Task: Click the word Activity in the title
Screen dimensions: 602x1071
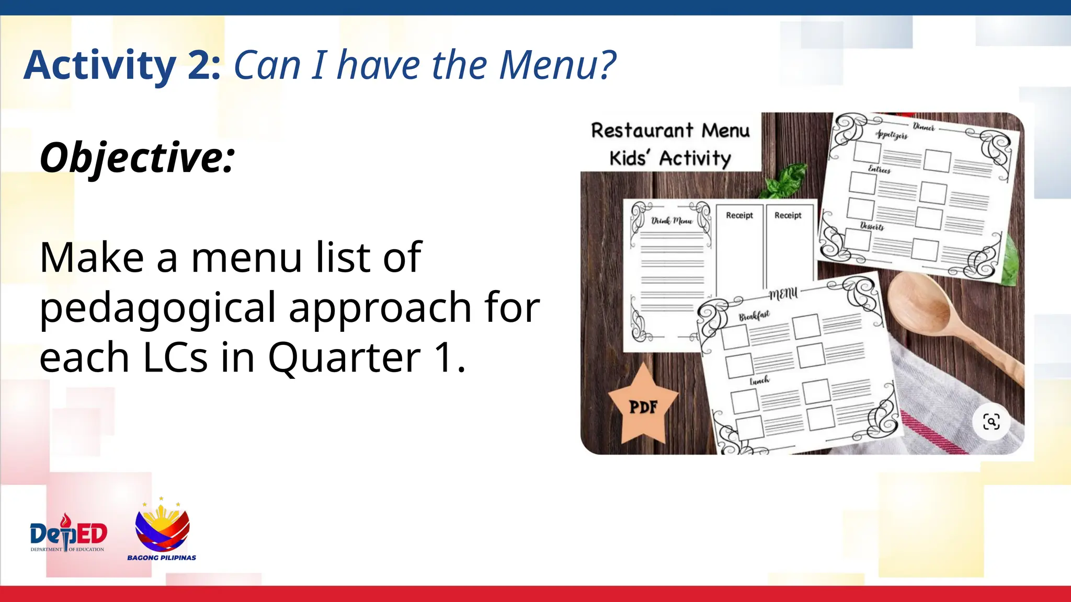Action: coord(99,65)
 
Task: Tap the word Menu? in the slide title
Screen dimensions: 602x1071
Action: coord(557,65)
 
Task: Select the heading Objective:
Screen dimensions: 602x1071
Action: coord(137,157)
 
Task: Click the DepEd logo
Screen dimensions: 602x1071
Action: coord(68,533)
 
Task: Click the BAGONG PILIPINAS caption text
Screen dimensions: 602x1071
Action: coord(162,558)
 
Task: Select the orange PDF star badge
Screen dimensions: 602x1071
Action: coord(643,405)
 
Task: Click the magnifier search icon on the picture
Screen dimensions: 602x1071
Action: coord(991,421)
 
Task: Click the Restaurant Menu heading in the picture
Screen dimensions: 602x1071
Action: coord(670,131)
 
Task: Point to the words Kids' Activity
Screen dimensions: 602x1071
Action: coord(670,158)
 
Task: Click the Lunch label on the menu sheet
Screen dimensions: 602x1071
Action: coord(759,380)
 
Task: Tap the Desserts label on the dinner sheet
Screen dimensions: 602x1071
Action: coord(872,226)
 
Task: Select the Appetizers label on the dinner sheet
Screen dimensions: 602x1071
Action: coord(892,135)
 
